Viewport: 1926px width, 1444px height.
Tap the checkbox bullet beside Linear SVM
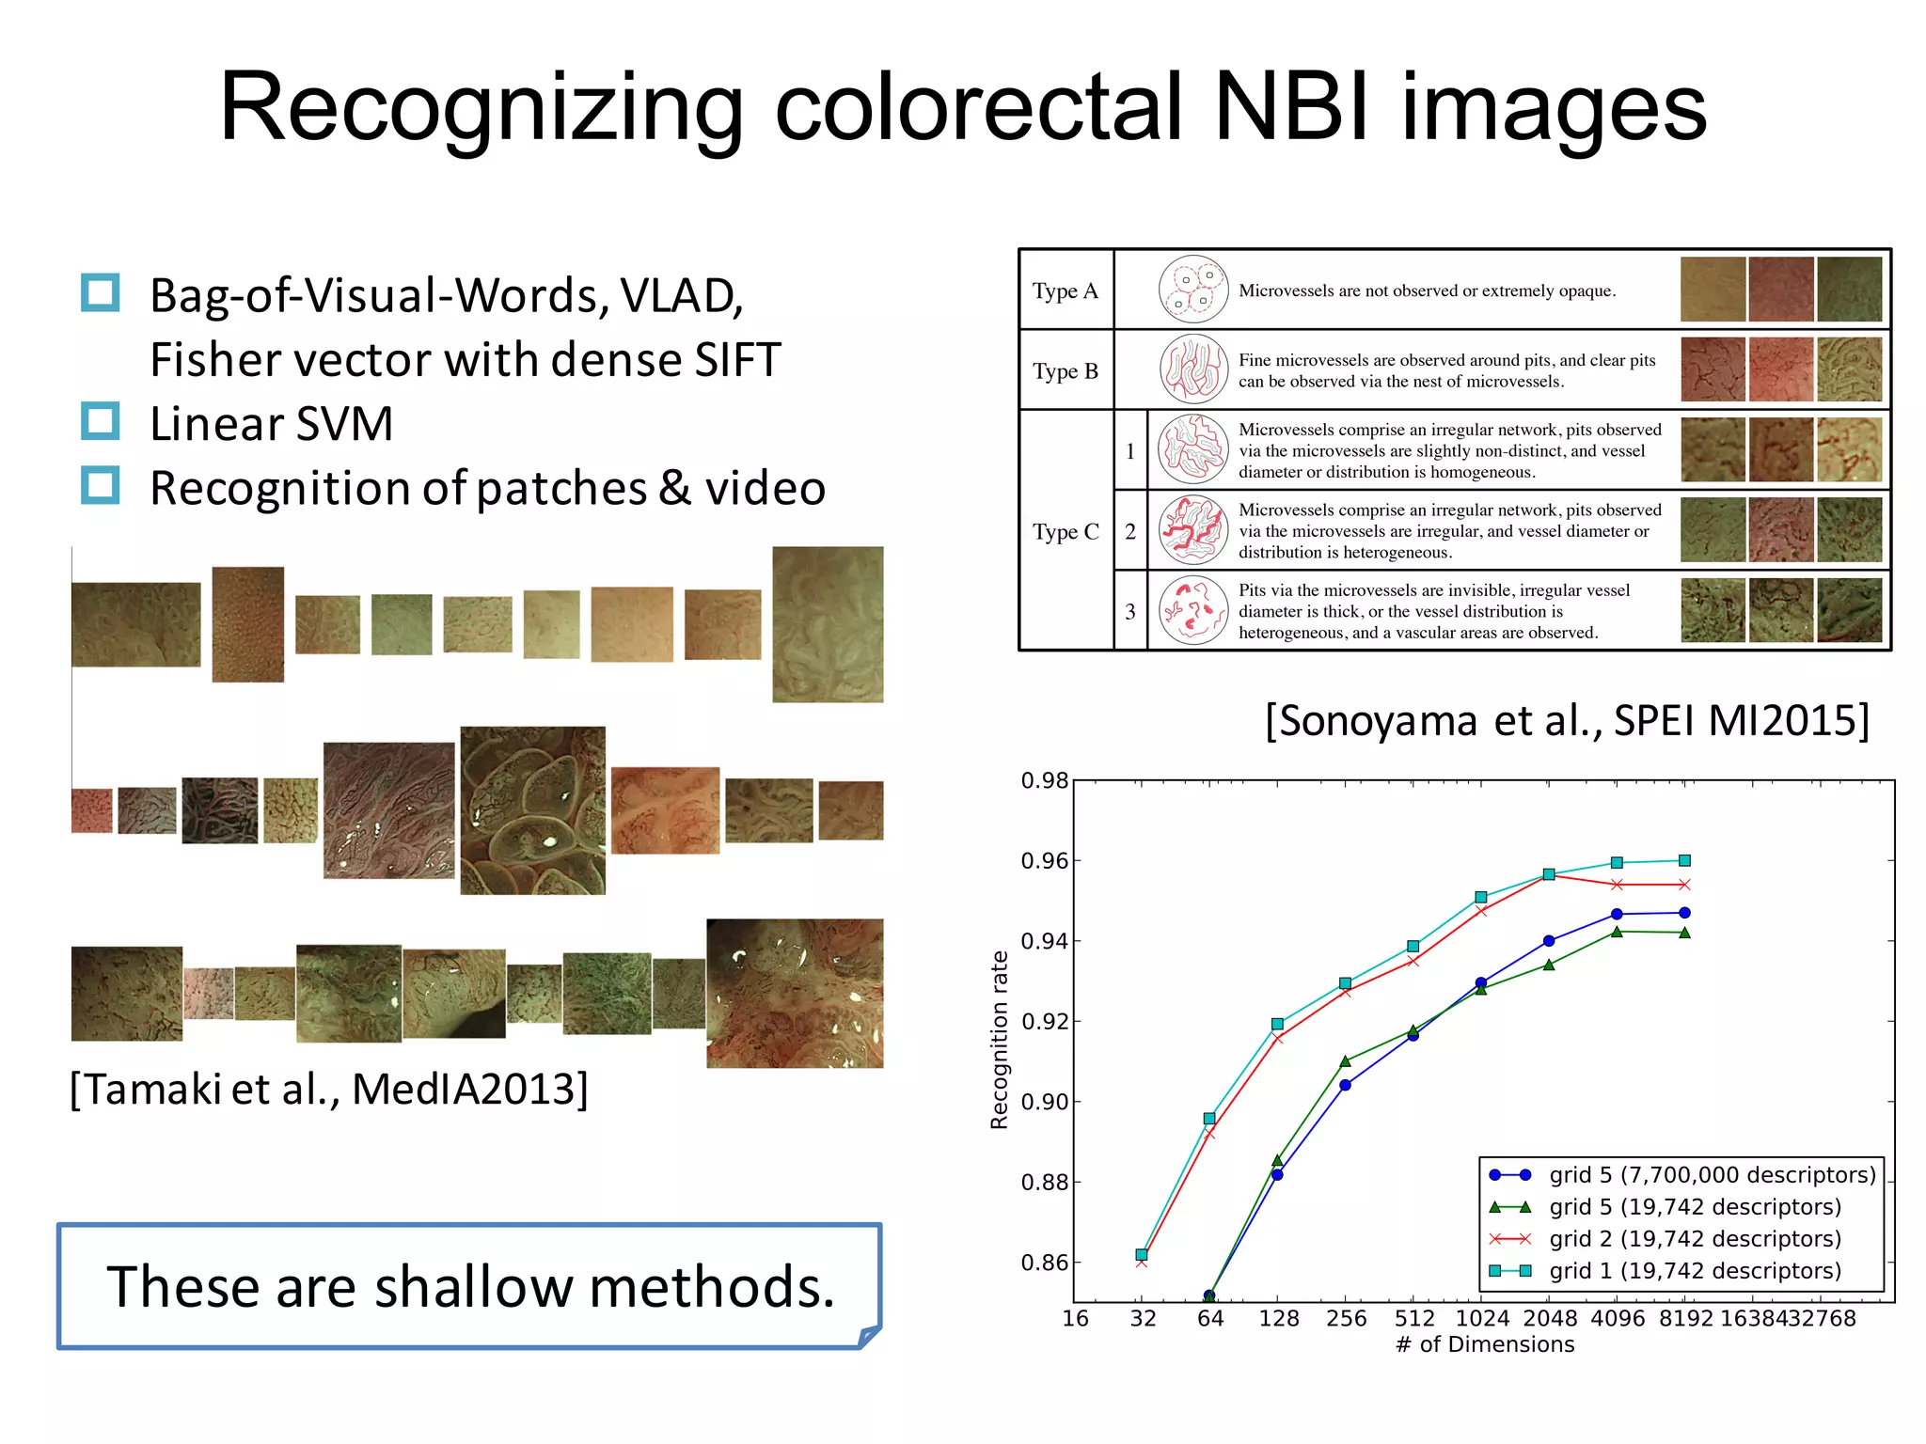(100, 421)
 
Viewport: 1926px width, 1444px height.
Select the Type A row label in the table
(1065, 290)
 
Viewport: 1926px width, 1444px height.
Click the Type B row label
(1065, 371)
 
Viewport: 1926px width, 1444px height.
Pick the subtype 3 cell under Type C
(1129, 611)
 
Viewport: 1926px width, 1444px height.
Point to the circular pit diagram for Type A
(1192, 290)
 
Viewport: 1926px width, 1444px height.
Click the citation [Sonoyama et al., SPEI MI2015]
(1566, 721)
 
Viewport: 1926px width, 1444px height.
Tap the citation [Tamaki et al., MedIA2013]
(329, 1090)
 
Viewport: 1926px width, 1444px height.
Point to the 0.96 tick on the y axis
(1045, 861)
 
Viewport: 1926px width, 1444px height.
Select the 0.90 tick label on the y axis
(1045, 1102)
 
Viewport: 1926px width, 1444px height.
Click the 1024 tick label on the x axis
(1482, 1318)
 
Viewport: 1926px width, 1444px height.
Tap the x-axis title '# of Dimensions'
(1485, 1344)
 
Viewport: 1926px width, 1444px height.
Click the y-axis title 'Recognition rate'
(999, 1039)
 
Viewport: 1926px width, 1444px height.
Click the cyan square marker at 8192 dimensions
(1684, 860)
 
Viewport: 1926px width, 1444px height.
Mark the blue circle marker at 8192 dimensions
(1684, 913)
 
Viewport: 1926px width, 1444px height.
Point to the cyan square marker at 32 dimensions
(1142, 1254)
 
